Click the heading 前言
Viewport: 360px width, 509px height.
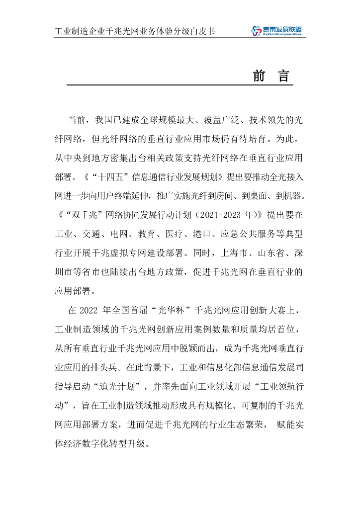[270, 76]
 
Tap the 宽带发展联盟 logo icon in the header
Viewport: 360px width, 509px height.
[256, 31]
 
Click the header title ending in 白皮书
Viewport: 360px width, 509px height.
[135, 31]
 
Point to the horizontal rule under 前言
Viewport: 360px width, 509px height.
[180, 85]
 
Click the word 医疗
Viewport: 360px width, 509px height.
[174, 234]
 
